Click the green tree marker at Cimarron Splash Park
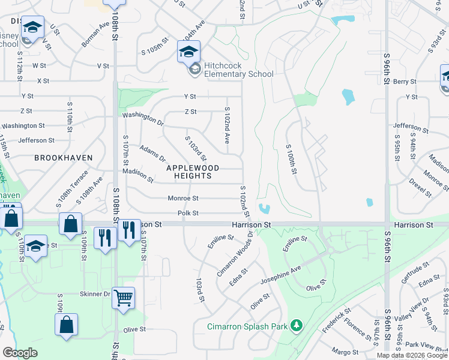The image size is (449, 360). click(x=295, y=326)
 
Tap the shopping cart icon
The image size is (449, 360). click(x=123, y=297)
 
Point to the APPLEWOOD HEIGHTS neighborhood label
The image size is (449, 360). click(x=193, y=172)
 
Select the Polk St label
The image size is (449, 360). click(x=188, y=213)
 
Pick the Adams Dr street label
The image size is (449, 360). click(x=152, y=154)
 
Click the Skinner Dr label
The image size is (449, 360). click(x=95, y=294)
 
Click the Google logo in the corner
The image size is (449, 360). click(x=20, y=352)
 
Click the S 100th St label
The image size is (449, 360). click(x=292, y=159)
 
